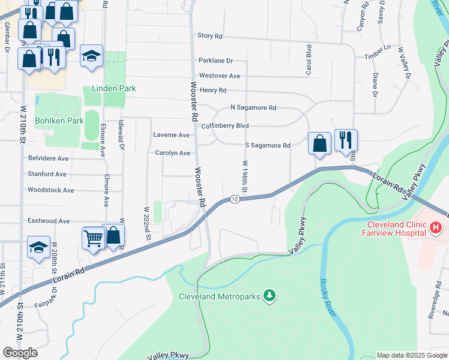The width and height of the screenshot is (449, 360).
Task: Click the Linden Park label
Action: pos(113,88)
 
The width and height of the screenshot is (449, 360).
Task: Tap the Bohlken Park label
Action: pos(59,121)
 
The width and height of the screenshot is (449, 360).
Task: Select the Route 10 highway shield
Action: pos(235,199)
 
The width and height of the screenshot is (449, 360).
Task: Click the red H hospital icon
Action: pos(436,228)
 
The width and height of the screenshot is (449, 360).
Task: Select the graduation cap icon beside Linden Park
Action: pos(91,56)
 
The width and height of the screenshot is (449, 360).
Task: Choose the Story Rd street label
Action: pos(210,36)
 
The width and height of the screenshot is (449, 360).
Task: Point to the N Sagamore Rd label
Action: pos(253,108)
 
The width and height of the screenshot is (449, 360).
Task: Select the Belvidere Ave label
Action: pos(49,158)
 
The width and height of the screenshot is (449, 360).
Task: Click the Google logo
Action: pos(20,353)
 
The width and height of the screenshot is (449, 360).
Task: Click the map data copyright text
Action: pos(411,355)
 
